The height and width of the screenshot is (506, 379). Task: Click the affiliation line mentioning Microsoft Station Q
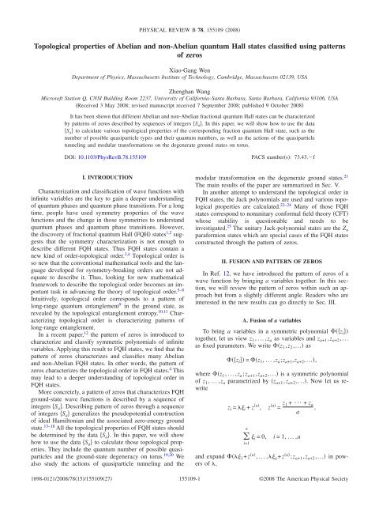[189, 91]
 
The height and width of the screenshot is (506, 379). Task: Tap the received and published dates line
[189, 100]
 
